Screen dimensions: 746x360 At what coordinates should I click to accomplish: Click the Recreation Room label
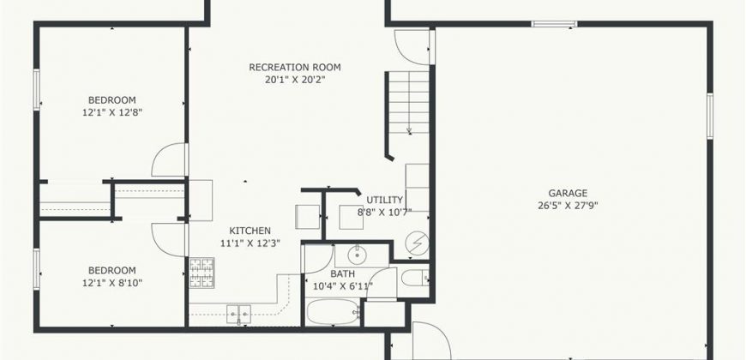click(295, 68)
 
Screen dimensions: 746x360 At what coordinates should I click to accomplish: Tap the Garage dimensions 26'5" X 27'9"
click(568, 206)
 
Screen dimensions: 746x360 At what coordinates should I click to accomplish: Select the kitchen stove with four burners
click(202, 273)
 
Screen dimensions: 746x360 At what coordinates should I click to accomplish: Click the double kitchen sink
click(239, 314)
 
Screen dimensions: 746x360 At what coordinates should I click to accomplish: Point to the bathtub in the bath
click(333, 312)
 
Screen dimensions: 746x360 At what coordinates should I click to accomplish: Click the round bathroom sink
click(356, 255)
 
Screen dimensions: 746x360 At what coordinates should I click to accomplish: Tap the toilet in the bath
click(415, 277)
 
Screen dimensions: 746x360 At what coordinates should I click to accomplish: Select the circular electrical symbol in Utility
click(418, 243)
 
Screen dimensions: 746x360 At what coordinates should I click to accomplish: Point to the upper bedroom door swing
click(170, 159)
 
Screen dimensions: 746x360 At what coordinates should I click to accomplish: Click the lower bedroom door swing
click(170, 240)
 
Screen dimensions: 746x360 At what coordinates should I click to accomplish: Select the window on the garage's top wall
click(554, 24)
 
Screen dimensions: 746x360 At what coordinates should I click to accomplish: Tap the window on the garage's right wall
click(709, 116)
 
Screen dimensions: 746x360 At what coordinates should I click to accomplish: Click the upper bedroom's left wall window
click(37, 90)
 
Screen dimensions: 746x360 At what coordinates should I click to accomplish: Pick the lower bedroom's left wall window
click(37, 269)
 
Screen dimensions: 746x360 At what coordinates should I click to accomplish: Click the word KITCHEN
click(250, 231)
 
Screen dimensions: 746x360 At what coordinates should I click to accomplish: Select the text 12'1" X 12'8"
click(111, 112)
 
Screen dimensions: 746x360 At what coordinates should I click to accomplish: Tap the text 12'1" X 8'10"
click(111, 283)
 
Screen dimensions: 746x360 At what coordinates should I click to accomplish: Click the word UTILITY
click(385, 200)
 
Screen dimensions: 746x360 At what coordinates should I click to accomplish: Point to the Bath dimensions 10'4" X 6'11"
click(342, 285)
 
